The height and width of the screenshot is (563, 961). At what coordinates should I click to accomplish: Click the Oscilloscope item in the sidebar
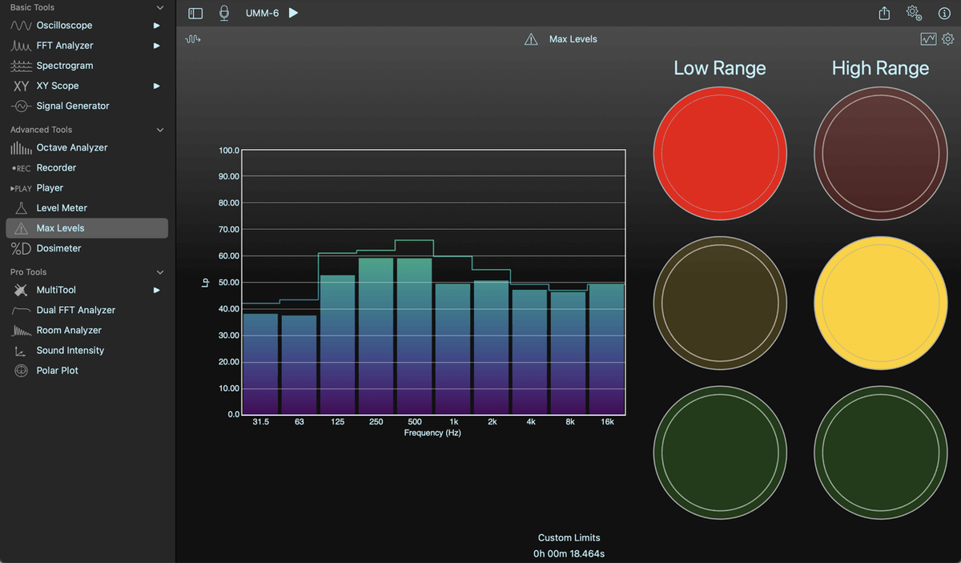point(64,26)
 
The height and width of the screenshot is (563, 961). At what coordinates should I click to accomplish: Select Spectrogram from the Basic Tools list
point(65,66)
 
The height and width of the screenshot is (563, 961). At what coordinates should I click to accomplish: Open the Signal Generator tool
point(73,106)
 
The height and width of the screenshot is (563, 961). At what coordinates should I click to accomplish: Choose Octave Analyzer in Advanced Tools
point(71,147)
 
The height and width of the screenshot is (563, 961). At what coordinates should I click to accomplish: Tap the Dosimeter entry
point(58,248)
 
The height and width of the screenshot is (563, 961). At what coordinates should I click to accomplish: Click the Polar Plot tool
point(57,371)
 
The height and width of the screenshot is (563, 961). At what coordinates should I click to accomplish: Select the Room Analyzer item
point(69,331)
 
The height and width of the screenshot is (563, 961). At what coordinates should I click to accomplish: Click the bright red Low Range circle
point(720,153)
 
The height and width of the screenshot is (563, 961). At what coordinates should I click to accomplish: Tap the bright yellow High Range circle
point(880,303)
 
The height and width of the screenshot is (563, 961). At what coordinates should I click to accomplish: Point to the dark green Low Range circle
point(720,452)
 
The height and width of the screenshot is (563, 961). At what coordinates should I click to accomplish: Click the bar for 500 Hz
point(415,336)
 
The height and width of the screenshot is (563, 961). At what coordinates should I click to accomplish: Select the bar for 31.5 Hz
point(261,364)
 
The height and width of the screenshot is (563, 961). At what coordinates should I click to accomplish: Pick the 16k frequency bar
point(607,349)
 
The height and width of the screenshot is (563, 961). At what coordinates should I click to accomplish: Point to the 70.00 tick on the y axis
point(229,230)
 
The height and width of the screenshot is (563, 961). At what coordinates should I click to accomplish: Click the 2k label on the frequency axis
point(492,422)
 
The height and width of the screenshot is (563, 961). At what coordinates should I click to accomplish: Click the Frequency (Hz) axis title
point(432,433)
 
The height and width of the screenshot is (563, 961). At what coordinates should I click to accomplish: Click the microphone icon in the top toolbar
point(224,13)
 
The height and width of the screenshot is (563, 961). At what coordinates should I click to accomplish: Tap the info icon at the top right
point(944,14)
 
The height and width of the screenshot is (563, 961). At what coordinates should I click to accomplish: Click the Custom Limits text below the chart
point(569,537)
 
